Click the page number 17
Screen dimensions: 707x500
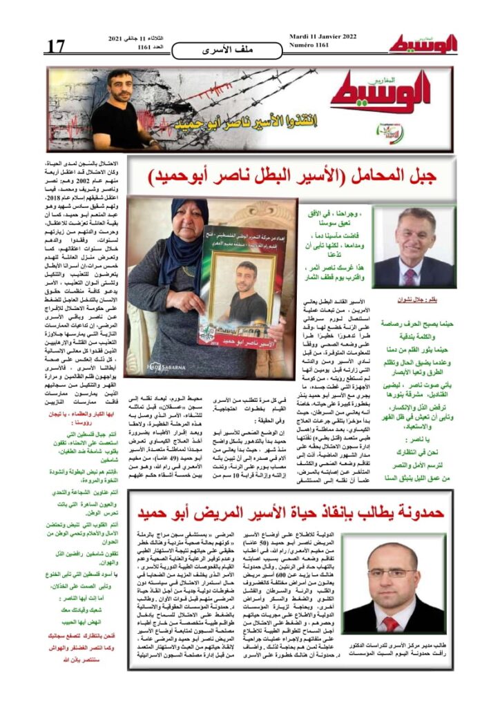(x=56, y=46)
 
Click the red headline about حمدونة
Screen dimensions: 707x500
(x=296, y=512)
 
